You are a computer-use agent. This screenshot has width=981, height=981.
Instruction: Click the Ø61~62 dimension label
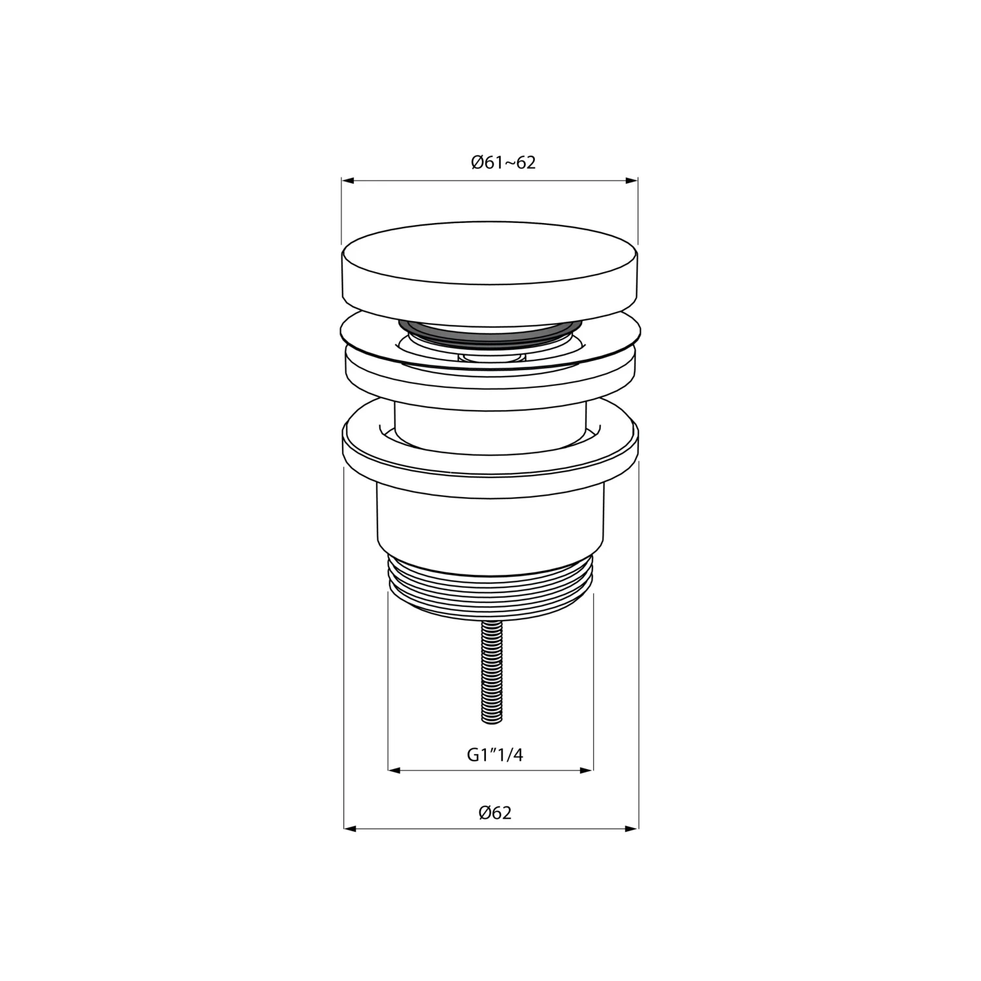coord(503,162)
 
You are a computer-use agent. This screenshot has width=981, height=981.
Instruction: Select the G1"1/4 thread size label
coord(495,755)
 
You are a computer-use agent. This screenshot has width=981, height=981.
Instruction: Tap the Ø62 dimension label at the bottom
coord(494,813)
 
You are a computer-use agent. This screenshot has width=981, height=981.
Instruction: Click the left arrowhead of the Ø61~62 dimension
coord(349,181)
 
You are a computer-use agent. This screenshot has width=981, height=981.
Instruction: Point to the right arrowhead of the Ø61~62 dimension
coord(631,181)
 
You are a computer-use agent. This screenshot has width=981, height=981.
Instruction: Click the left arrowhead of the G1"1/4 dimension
coord(395,770)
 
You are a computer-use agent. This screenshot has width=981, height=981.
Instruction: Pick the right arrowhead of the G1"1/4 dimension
coord(587,770)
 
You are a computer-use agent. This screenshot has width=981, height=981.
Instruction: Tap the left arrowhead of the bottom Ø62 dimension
coord(351,829)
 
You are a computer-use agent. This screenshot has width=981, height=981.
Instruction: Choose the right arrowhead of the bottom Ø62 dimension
coord(631,829)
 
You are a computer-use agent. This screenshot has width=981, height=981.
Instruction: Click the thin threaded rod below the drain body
coord(492,670)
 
